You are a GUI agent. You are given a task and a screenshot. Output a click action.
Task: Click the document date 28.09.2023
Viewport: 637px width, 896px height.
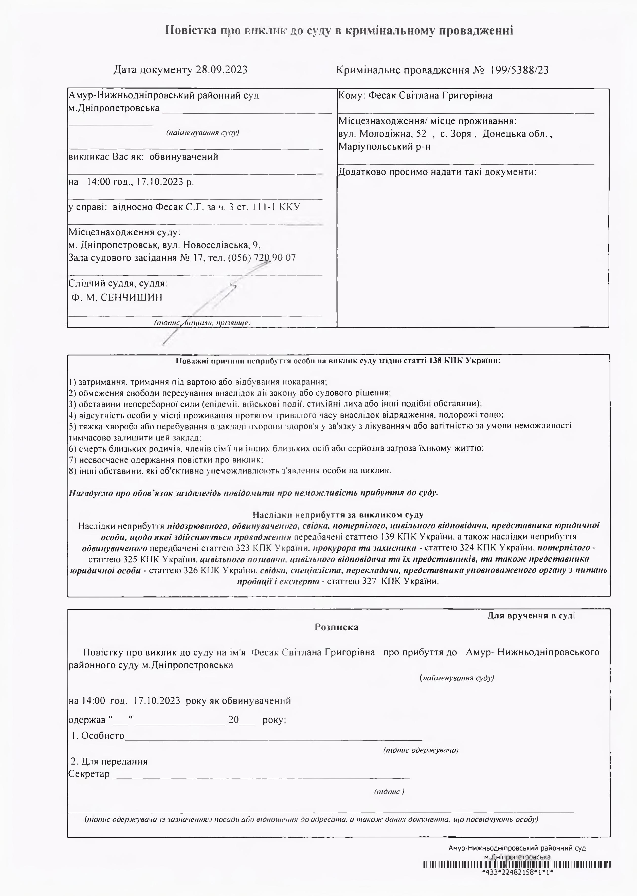click(x=222, y=70)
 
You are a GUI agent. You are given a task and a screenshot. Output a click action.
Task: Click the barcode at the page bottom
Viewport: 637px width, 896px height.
click(x=517, y=864)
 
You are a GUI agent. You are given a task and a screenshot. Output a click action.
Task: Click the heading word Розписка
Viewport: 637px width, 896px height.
click(x=337, y=627)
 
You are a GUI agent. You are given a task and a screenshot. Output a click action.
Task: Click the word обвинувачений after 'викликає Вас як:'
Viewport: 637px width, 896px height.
click(x=184, y=157)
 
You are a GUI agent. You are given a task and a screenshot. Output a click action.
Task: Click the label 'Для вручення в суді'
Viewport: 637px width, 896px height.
click(x=531, y=616)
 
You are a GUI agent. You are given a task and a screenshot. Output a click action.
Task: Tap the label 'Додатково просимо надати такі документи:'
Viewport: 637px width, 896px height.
click(x=437, y=172)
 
